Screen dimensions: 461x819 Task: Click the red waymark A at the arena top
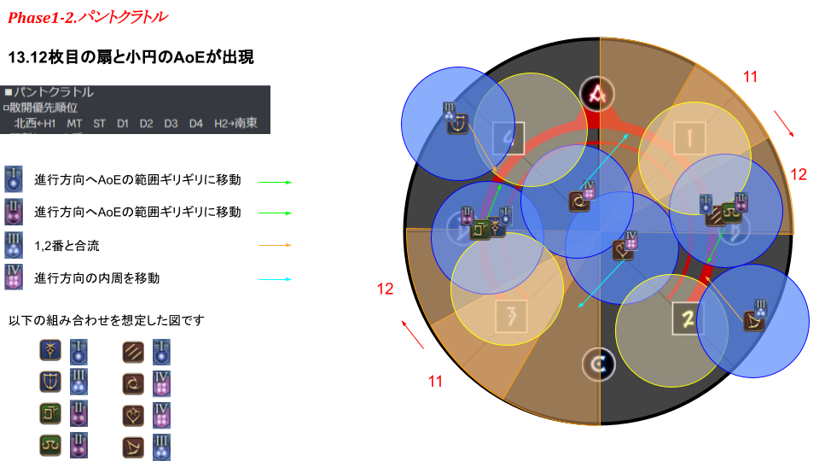[597, 94]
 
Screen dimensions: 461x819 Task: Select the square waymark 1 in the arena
[687, 137]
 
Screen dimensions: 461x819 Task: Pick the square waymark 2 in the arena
[687, 318]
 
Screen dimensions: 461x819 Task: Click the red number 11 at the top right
[750, 78]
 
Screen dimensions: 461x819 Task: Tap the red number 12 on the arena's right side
[798, 174]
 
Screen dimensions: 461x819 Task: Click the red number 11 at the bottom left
[436, 382]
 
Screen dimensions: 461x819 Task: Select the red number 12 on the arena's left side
[386, 289]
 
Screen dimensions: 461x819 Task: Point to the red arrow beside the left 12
[412, 335]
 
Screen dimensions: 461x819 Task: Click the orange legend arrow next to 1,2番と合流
[275, 246]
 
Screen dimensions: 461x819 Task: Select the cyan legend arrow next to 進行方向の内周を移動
[275, 278]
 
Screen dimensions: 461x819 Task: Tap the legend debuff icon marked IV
[14, 277]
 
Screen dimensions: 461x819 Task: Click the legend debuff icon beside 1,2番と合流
[14, 244]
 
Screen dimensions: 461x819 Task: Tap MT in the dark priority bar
[74, 124]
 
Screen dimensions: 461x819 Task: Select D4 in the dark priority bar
[196, 124]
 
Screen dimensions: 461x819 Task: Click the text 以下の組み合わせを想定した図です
[106, 320]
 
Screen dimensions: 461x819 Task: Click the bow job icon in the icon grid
[133, 446]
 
